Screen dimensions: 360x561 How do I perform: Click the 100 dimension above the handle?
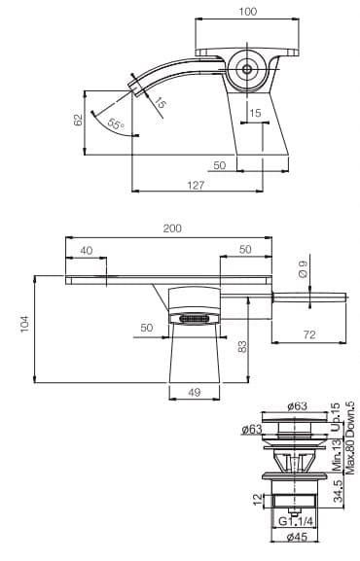click(248, 12)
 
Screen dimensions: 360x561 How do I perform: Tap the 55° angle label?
click(116, 123)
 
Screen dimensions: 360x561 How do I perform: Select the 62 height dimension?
click(78, 120)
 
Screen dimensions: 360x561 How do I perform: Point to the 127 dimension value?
click(196, 185)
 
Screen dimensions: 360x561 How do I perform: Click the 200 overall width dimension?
click(172, 228)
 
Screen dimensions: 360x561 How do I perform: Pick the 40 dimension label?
click(87, 251)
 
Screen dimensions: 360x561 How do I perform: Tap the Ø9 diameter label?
click(303, 269)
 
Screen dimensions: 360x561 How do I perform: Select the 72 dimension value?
click(309, 334)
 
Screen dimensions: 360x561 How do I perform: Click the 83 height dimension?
click(242, 347)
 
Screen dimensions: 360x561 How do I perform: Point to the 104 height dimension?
click(24, 324)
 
